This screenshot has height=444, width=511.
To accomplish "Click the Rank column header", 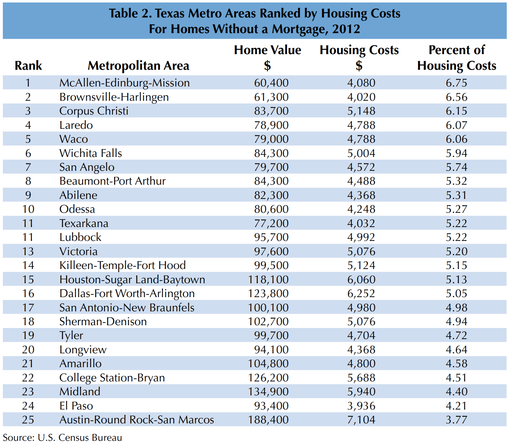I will click(x=28, y=66).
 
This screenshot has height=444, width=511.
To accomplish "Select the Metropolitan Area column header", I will click(x=138, y=66).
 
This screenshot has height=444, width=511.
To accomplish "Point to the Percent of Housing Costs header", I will click(x=457, y=58).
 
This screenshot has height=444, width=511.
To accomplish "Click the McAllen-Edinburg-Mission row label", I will click(x=124, y=83).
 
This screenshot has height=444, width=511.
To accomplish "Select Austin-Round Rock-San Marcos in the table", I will click(x=136, y=420).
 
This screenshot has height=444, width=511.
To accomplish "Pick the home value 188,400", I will click(x=268, y=420).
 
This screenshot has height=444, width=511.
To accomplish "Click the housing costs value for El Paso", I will click(x=361, y=406).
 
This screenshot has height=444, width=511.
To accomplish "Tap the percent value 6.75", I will click(x=456, y=83).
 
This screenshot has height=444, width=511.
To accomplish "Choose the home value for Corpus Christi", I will click(x=271, y=111).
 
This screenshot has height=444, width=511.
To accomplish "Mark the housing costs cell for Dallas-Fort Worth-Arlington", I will click(x=361, y=294).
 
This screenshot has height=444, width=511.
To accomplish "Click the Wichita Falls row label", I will click(x=91, y=153).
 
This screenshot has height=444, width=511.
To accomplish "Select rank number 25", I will click(x=28, y=420).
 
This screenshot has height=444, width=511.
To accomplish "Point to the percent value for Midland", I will click(x=456, y=392).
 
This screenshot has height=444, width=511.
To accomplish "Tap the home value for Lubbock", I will click(x=271, y=237).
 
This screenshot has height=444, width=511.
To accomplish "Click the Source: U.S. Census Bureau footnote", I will click(x=62, y=438).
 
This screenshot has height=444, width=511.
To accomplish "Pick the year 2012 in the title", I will click(x=346, y=29).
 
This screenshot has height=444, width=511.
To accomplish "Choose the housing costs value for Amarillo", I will click(x=361, y=364).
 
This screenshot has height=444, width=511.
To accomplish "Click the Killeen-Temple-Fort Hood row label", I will click(x=123, y=265).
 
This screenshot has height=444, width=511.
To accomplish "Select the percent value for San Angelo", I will click(x=456, y=167).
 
